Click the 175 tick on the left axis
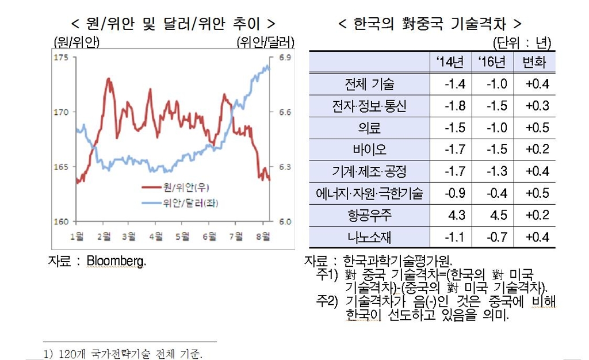[x=60, y=58]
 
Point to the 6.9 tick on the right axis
[x=286, y=58]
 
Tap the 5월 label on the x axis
[x=182, y=236]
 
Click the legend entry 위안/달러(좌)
[x=185, y=202]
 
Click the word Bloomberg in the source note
[x=116, y=261]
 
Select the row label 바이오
[x=370, y=150]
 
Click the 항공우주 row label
[x=370, y=215]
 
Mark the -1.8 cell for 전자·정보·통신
[x=454, y=106]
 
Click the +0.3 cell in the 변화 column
[x=538, y=106]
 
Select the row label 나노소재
[x=370, y=237]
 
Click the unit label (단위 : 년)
[x=522, y=44]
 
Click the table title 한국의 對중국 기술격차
[x=430, y=24]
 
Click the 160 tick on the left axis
[x=60, y=221]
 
